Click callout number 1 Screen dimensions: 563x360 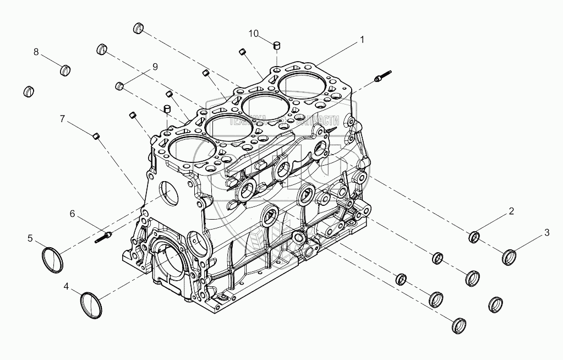coord(362,40)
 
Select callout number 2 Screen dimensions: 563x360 coord(511,211)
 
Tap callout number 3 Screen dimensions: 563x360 coord(546,232)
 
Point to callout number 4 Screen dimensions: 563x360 coord(66,286)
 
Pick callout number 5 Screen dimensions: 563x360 coord(30,238)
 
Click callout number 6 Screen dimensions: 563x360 coord(72,214)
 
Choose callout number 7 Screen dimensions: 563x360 coord(62,118)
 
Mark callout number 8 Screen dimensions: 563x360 coord(36,52)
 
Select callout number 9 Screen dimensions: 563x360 coord(155,67)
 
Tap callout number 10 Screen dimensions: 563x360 coord(253,34)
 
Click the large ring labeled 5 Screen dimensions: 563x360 coord(53,260)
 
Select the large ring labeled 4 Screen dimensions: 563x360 coord(91,304)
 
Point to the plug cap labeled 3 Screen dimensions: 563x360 coord(510,257)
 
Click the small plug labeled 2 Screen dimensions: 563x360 coord(474,238)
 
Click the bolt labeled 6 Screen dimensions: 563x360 coord(103,237)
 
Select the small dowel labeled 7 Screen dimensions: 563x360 coord(96,135)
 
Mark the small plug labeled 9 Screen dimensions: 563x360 coord(118,86)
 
